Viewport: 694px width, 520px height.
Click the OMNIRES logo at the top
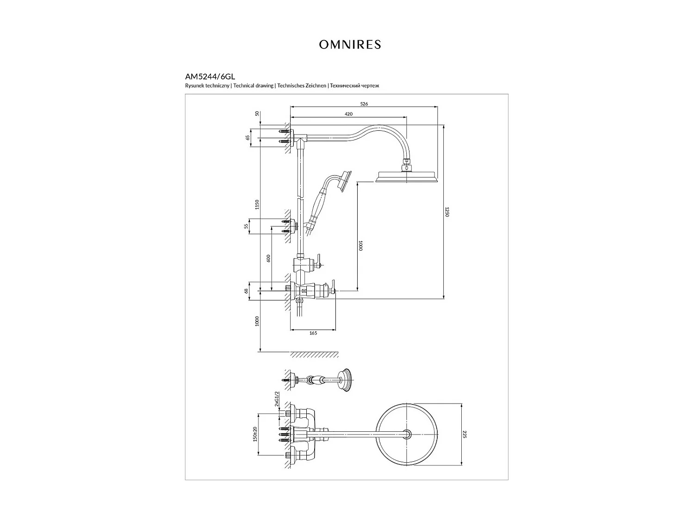coord(350,44)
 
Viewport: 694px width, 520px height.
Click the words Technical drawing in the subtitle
coord(253,86)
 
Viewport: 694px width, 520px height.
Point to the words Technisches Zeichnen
coord(301,86)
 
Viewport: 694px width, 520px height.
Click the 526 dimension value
coord(364,104)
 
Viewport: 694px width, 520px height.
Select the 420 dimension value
coord(349,114)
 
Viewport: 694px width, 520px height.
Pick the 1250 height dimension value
coord(447,212)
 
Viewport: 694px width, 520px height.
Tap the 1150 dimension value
coord(257,204)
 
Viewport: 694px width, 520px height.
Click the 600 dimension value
coord(268,259)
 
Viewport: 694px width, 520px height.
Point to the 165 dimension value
coord(313,333)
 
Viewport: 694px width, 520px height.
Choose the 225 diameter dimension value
coord(465,434)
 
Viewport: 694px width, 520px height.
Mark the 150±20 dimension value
coord(255,434)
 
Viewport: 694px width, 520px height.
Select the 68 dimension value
coord(247,291)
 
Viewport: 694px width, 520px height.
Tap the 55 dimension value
coord(247,226)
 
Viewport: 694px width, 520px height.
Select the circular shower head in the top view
coord(407,434)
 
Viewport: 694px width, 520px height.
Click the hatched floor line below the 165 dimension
coord(314,355)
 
